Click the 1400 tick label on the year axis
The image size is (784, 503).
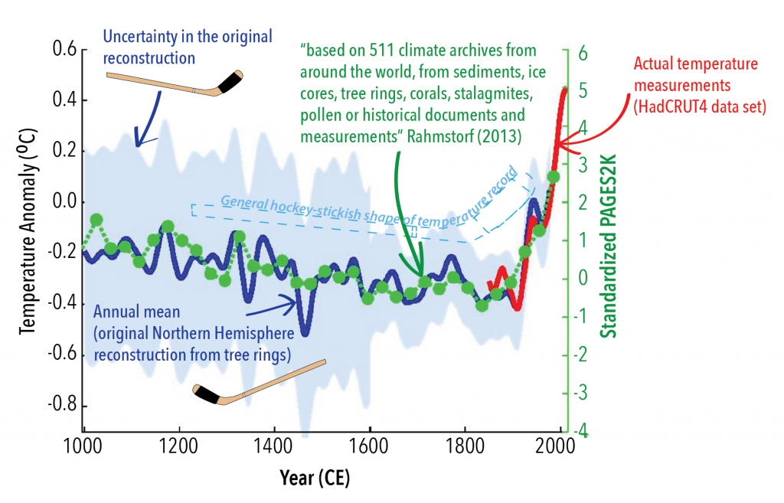click(x=275, y=447)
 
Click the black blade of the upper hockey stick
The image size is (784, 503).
click(x=231, y=81)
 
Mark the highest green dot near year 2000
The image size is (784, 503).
click(x=554, y=178)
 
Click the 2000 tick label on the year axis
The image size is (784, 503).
click(x=560, y=447)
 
